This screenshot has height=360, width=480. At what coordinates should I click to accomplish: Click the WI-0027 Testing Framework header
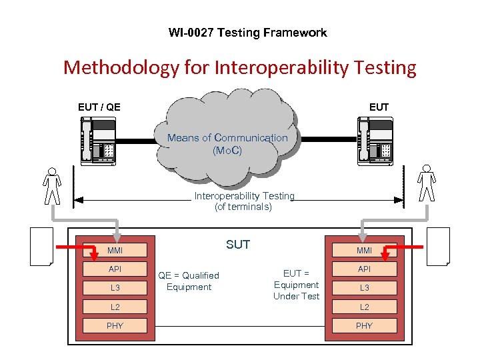(247, 33)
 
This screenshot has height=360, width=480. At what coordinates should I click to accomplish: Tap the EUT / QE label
(99, 107)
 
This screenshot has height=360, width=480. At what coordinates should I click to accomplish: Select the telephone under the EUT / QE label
(97, 141)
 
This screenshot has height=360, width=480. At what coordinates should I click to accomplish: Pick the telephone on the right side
(375, 141)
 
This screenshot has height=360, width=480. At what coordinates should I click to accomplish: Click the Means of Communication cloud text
(227, 143)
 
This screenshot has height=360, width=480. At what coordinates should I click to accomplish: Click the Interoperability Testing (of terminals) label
(243, 201)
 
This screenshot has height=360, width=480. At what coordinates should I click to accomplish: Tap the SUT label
(237, 245)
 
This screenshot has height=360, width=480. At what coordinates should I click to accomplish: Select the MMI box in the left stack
(115, 251)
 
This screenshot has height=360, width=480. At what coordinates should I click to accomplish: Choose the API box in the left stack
(115, 269)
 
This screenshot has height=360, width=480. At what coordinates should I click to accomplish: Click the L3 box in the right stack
(364, 288)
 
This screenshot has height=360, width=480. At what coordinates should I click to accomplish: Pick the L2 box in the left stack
(115, 307)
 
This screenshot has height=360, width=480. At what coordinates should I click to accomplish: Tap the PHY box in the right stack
(364, 325)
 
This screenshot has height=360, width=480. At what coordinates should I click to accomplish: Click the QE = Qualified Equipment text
(188, 281)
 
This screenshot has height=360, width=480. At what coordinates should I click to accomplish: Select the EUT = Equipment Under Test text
(296, 285)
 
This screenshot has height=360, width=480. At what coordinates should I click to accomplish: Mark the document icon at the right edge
(438, 247)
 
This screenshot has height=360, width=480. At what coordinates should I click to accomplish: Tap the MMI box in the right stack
(364, 251)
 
